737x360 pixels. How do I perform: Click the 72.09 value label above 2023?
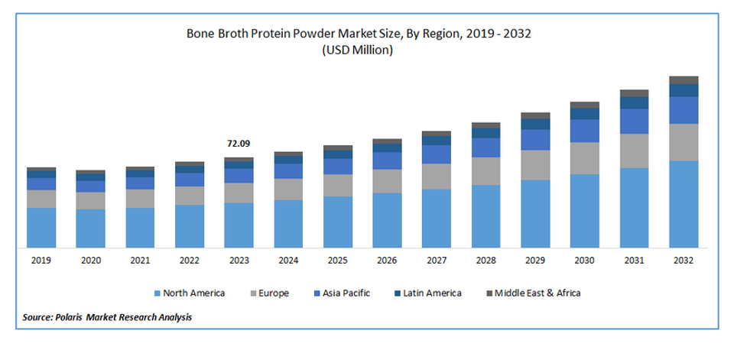[239, 144]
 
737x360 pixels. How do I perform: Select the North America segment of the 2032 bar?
[684, 204]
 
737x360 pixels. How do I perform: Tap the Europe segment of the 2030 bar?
[585, 158]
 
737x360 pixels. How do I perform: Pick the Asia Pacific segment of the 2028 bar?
[486, 148]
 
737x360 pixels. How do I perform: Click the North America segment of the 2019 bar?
[41, 228]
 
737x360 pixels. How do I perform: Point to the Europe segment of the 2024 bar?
[288, 189]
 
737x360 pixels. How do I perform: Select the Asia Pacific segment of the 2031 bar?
[635, 122]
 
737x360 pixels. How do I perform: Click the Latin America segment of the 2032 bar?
[684, 90]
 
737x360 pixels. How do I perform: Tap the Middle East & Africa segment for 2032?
[684, 80]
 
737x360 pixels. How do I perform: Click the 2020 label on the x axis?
[91, 261]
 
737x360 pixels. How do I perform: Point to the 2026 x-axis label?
[387, 261]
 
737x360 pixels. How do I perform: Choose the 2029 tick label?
[535, 261]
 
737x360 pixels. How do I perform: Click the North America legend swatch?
[157, 294]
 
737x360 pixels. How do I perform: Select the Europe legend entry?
[269, 294]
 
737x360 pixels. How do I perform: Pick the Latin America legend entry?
[428, 294]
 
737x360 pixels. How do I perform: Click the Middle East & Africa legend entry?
[534, 294]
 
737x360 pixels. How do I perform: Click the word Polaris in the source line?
[65, 318]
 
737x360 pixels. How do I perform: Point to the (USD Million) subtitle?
[357, 50]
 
